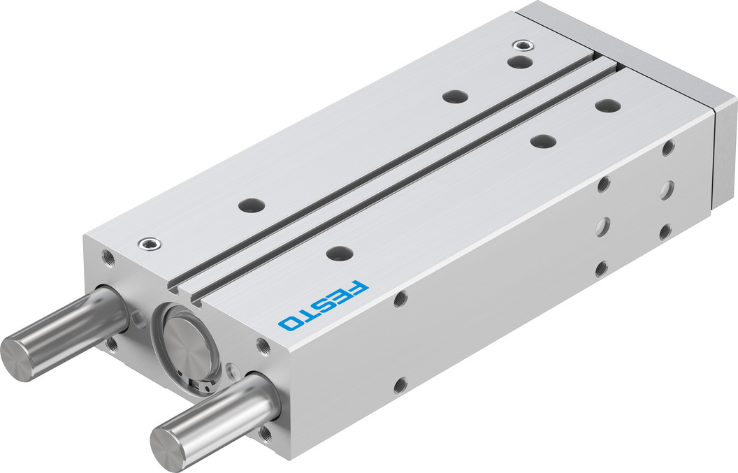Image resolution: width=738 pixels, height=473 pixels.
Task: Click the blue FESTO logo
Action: click(x=324, y=305)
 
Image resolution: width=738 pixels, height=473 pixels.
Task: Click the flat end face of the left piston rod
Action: click(x=16, y=358)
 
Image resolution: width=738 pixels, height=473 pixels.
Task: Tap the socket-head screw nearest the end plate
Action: click(x=523, y=45)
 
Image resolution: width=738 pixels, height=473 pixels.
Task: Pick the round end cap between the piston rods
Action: click(x=187, y=347)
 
